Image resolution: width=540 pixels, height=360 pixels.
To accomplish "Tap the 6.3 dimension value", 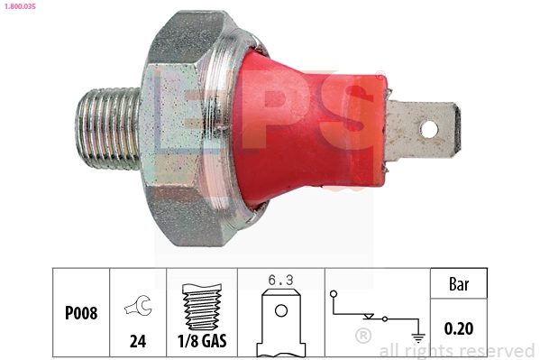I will coord(280,282).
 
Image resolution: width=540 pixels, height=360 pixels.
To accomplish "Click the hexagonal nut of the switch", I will coord(185,126).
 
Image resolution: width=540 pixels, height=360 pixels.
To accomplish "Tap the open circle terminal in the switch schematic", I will coord(333,294).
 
